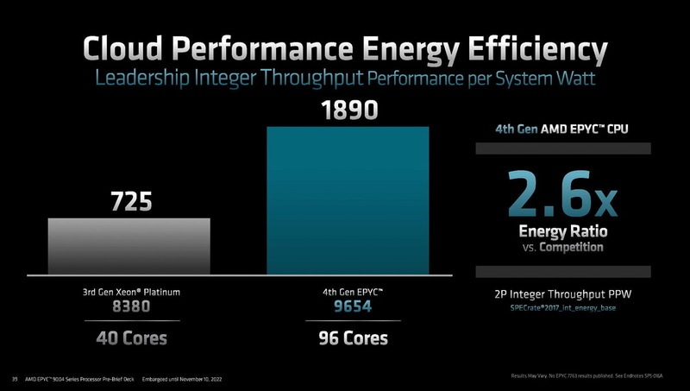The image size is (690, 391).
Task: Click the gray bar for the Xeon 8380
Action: click(x=129, y=246)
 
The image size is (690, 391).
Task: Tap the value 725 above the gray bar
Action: click(x=129, y=203)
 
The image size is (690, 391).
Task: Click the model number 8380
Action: click(x=129, y=306)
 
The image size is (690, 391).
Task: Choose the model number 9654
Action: click(x=348, y=306)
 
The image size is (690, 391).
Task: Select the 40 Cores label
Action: click(x=129, y=337)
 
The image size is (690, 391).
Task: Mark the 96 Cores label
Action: click(x=348, y=337)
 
